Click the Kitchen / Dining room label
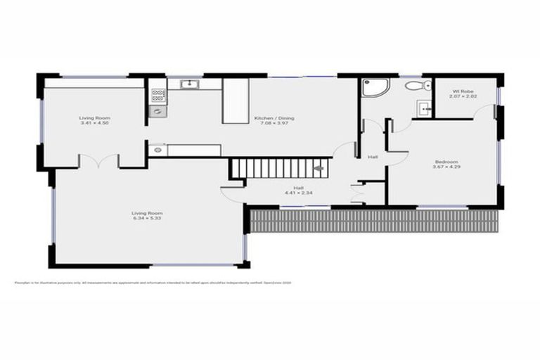point(270,118)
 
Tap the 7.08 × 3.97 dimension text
point(270,124)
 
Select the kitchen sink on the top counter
point(188,85)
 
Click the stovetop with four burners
point(158,94)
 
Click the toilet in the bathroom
point(416,86)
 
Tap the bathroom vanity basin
point(423,109)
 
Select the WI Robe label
point(462,91)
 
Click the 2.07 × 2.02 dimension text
point(462,96)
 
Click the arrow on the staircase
point(319,168)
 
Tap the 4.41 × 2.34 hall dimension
point(298,193)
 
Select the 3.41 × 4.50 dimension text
point(94,124)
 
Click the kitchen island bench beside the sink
point(236,101)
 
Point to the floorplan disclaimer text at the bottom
point(153,283)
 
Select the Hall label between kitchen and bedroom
point(373,157)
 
